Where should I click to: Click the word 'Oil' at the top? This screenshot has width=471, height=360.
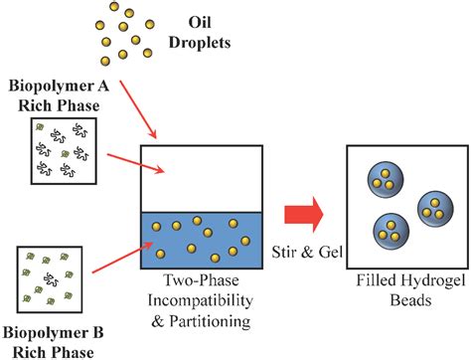[x=197, y=20]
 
